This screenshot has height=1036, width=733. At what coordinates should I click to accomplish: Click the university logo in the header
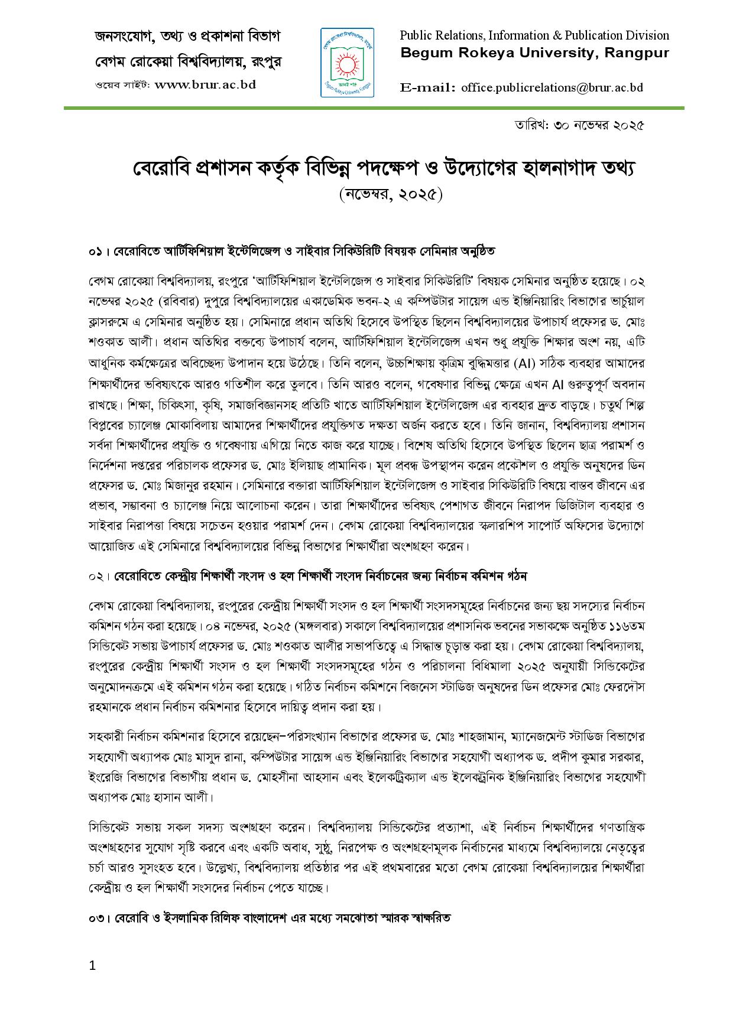(x=347, y=62)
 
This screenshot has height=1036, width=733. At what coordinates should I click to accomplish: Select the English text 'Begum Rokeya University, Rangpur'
(x=534, y=53)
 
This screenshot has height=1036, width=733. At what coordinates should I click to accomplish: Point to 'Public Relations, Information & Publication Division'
(x=534, y=35)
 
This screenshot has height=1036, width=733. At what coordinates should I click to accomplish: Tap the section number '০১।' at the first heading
(x=98, y=251)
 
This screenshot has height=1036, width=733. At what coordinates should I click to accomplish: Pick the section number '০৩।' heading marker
(x=98, y=920)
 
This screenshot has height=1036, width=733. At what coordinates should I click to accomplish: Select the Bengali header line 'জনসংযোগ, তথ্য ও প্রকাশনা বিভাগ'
(x=188, y=37)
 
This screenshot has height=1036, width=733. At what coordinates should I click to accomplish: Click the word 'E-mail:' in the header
(x=427, y=87)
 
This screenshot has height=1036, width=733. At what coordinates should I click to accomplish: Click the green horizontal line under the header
(x=374, y=108)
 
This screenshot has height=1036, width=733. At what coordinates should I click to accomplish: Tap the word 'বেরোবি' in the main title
(x=155, y=169)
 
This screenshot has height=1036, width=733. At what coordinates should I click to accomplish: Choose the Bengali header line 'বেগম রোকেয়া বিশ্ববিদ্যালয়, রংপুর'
(x=188, y=61)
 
